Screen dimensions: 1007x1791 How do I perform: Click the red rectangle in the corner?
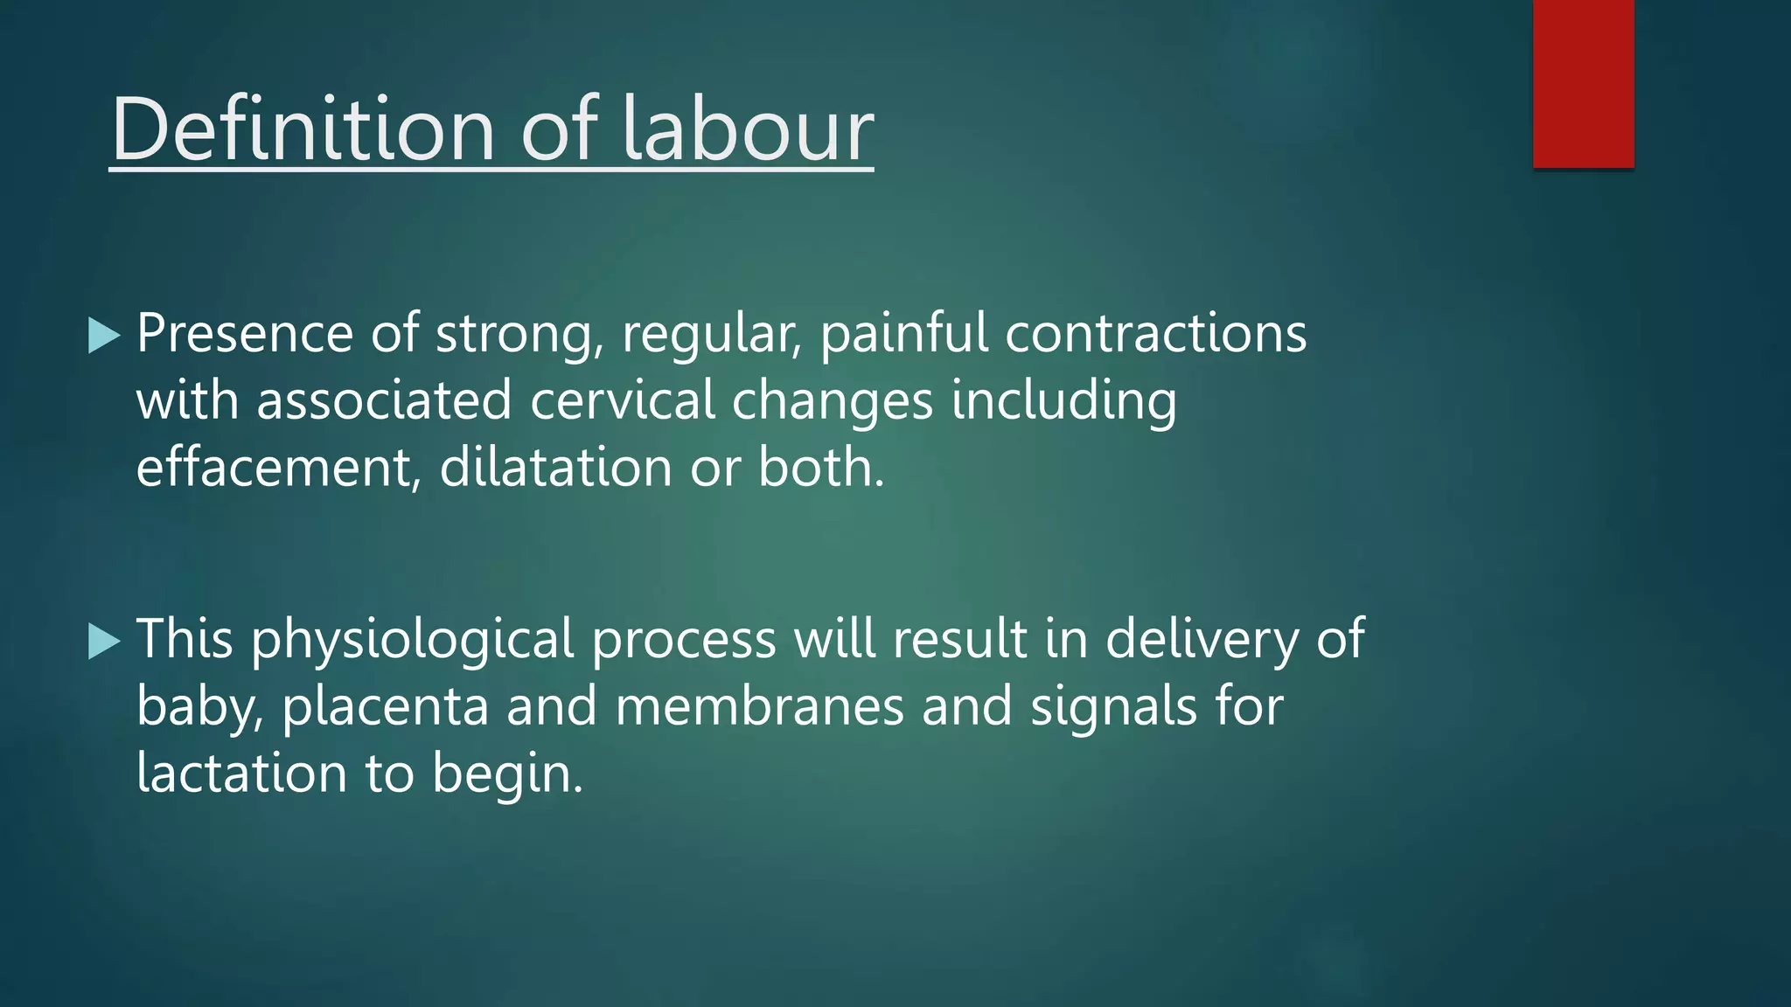pos(1583,83)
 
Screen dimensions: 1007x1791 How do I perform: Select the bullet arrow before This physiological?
pos(104,642)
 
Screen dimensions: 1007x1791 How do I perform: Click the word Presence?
pos(244,334)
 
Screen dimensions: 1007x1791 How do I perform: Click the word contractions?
pos(1155,334)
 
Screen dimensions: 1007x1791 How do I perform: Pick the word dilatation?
pos(555,467)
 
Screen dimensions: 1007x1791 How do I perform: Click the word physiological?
pos(412,639)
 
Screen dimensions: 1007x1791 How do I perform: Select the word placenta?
pos(385,706)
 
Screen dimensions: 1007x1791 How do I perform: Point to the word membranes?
pos(759,706)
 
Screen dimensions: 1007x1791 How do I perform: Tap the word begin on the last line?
pos(506,774)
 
